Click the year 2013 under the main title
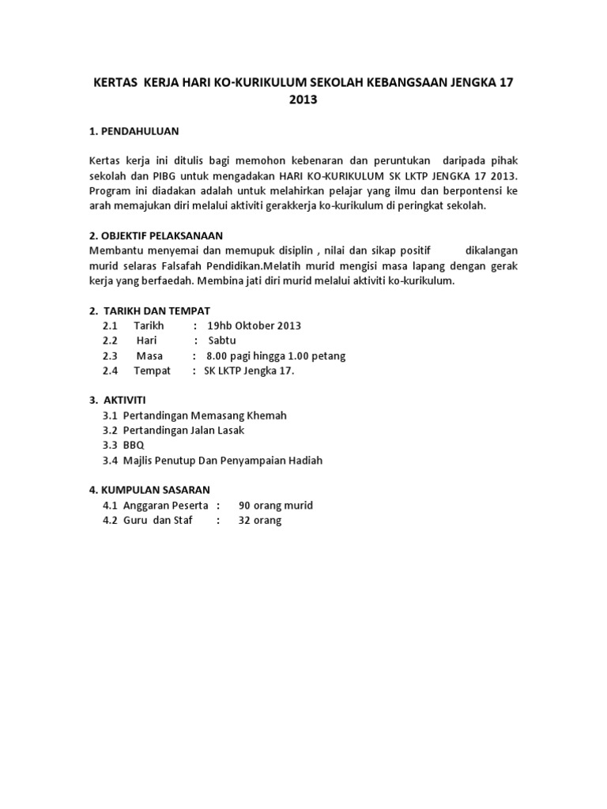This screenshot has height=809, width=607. pyautogui.click(x=303, y=100)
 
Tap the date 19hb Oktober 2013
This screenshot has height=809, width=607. pyautogui.click(x=254, y=325)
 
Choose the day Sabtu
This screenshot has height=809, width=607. pyautogui.click(x=222, y=341)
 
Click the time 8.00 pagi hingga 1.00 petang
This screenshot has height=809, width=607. pyautogui.click(x=275, y=356)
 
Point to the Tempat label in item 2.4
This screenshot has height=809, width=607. pyautogui.click(x=152, y=371)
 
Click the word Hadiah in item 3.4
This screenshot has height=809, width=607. pyautogui.click(x=304, y=460)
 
